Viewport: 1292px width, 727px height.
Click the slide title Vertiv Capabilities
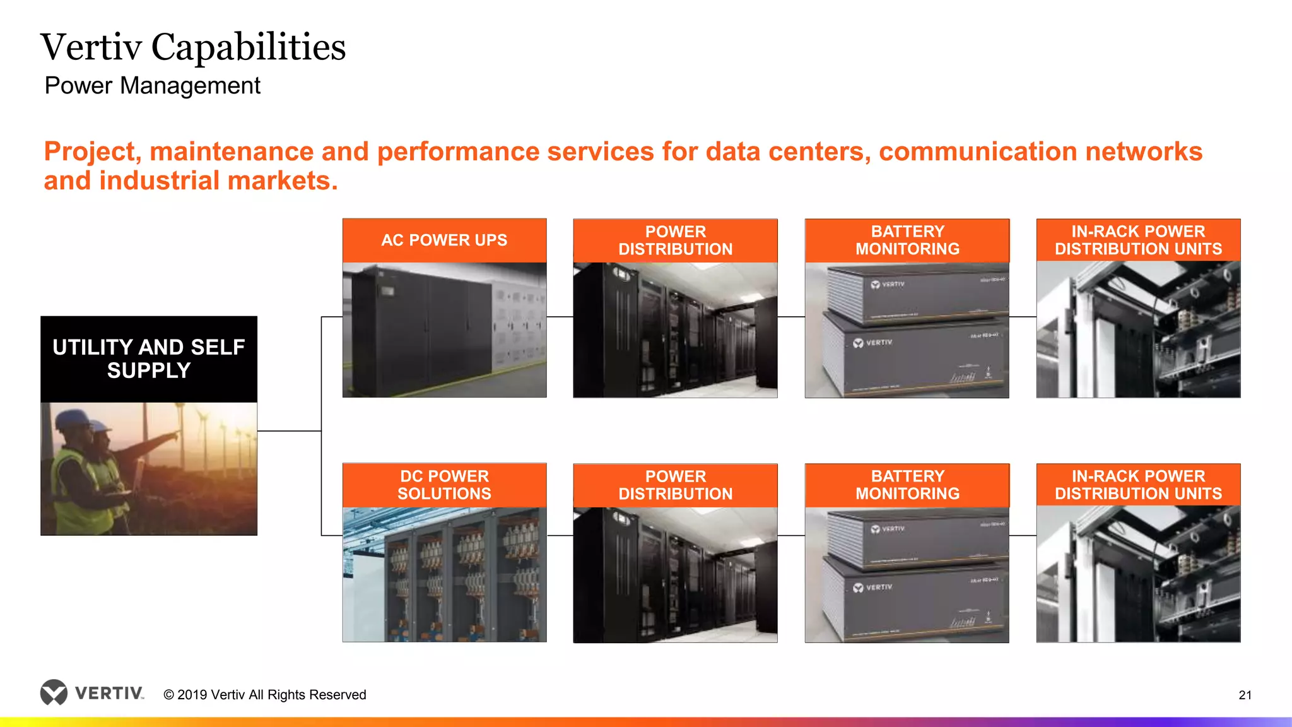pos(193,47)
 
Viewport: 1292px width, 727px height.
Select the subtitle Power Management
pos(152,86)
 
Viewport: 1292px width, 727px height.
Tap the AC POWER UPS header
pos(444,240)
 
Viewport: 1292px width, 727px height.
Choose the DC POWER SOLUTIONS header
pos(444,485)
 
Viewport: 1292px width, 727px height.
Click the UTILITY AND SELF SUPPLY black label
pos(149,359)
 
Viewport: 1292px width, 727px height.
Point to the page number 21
pos(1245,695)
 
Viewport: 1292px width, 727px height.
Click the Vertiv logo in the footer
pos(92,693)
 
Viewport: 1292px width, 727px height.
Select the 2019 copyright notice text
pos(265,695)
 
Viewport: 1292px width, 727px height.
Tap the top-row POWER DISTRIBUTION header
pos(675,240)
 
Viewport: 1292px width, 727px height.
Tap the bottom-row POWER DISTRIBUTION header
pos(675,485)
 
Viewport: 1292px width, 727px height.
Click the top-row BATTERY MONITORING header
pos(907,240)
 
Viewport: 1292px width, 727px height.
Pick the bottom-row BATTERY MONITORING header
pos(907,485)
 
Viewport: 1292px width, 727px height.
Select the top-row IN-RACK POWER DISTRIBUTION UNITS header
pos(1138,240)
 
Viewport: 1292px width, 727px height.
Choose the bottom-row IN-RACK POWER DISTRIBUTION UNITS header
pos(1138,485)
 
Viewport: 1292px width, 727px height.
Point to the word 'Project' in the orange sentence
pos(92,152)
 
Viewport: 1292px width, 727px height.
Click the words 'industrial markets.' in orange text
pos(218,181)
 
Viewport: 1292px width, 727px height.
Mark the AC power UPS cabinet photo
pos(444,330)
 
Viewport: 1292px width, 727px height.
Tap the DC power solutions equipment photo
pos(444,574)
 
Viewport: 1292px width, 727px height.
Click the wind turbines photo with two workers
pos(149,469)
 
